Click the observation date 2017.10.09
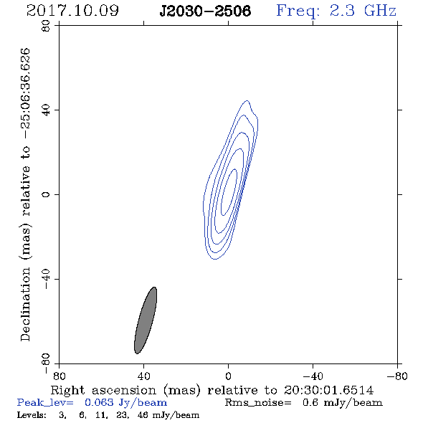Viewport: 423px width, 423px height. pyautogui.click(x=72, y=11)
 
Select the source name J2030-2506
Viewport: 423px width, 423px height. pyautogui.click(x=205, y=11)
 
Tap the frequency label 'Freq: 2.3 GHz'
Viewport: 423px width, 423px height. pyautogui.click(x=336, y=11)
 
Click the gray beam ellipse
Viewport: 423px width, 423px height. pyautogui.click(x=146, y=320)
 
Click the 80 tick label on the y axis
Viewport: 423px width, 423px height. pyautogui.click(x=46, y=26)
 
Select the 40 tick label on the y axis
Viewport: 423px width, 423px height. pyautogui.click(x=46, y=110)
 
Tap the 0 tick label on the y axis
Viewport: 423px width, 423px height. pyautogui.click(x=46, y=194)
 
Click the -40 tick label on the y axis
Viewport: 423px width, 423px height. pyautogui.click(x=46, y=279)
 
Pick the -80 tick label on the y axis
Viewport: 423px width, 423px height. pyautogui.click(x=46, y=363)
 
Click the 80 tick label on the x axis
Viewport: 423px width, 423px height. pyautogui.click(x=59, y=376)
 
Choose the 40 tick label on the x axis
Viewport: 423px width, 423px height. pyautogui.click(x=143, y=376)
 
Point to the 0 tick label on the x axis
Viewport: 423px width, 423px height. pyautogui.click(x=228, y=376)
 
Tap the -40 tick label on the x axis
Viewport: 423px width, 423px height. pyautogui.click(x=313, y=376)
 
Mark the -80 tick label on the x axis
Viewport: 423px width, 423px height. pyautogui.click(x=397, y=376)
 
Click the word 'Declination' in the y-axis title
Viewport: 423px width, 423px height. pyautogui.click(x=25, y=304)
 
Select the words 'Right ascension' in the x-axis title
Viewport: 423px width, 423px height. pyautogui.click(x=103, y=390)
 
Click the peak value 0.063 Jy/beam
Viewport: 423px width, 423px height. pyautogui.click(x=125, y=403)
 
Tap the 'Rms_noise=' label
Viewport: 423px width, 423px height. pyautogui.click(x=258, y=403)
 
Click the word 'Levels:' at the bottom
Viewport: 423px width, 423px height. pyautogui.click(x=32, y=414)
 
